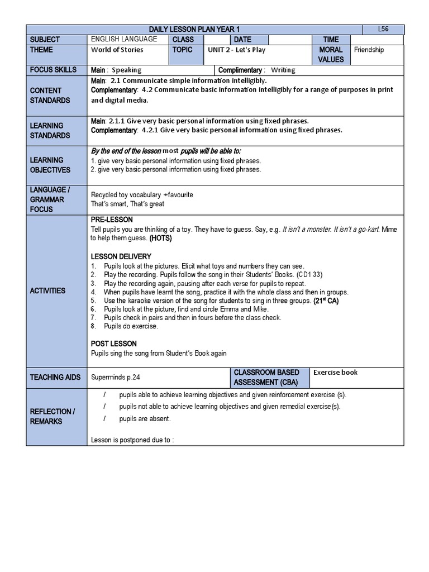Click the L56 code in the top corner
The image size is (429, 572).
click(x=383, y=29)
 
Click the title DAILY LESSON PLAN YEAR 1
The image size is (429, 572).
click(x=194, y=30)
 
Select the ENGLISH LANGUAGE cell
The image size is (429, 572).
click(x=124, y=40)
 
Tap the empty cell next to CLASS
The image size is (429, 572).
click(x=217, y=40)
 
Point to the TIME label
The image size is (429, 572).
click(x=331, y=40)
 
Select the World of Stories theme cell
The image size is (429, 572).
click(x=117, y=50)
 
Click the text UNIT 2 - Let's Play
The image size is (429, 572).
click(x=236, y=50)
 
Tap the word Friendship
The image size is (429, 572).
click(x=369, y=50)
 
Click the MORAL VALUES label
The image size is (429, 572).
click(x=331, y=55)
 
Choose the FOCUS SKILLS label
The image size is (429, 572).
click(x=50, y=70)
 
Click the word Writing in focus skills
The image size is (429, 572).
click(x=283, y=70)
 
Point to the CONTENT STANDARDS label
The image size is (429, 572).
click(x=50, y=96)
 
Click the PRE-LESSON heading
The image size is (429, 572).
click(x=112, y=220)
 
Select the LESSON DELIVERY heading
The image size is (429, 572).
click(x=121, y=256)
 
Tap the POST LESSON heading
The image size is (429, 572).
click(x=113, y=344)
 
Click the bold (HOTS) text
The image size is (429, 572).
click(x=160, y=238)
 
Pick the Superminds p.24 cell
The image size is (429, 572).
click(x=115, y=378)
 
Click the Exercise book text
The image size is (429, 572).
click(x=335, y=373)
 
